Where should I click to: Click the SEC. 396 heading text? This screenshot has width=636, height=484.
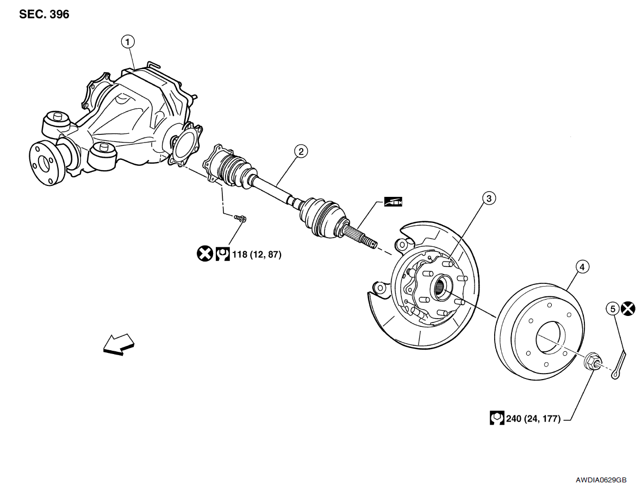tap(44, 15)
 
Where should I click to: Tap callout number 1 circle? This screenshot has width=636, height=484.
tap(128, 41)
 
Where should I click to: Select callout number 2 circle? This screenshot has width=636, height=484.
tap(301, 151)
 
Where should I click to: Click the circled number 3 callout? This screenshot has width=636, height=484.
tap(489, 198)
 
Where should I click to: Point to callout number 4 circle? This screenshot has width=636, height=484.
tap(582, 267)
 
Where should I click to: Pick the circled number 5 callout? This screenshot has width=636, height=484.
tap(613, 309)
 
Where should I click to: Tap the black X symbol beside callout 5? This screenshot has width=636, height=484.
tap(628, 309)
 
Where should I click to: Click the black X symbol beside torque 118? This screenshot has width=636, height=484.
tap(204, 253)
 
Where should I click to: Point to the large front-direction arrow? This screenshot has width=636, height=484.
tap(119, 345)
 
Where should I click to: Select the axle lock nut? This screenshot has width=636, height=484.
tap(592, 362)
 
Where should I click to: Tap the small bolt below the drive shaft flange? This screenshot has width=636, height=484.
tap(240, 218)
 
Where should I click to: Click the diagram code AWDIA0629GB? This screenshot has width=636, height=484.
tap(604, 479)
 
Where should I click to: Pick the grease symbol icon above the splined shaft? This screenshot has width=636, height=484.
tap(392, 201)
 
